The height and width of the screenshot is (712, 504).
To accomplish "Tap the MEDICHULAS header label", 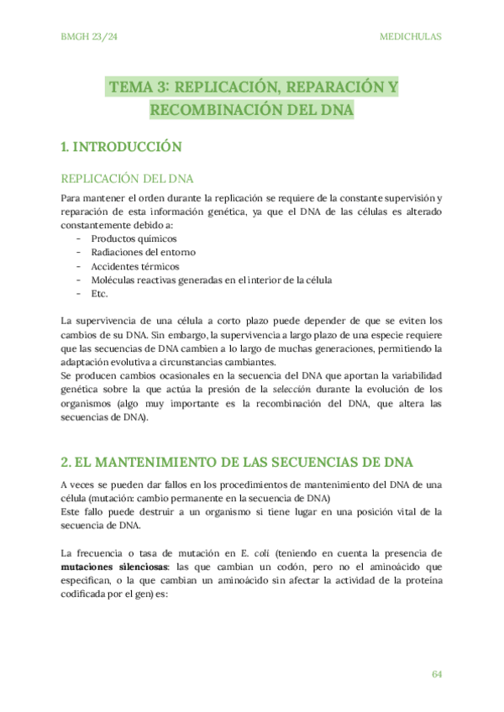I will coord(411,37).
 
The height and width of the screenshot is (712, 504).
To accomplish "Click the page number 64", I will coord(436,674).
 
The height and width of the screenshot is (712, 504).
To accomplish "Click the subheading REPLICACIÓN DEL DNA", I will coord(128,179).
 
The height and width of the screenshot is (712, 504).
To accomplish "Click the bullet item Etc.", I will coord(99,293).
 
